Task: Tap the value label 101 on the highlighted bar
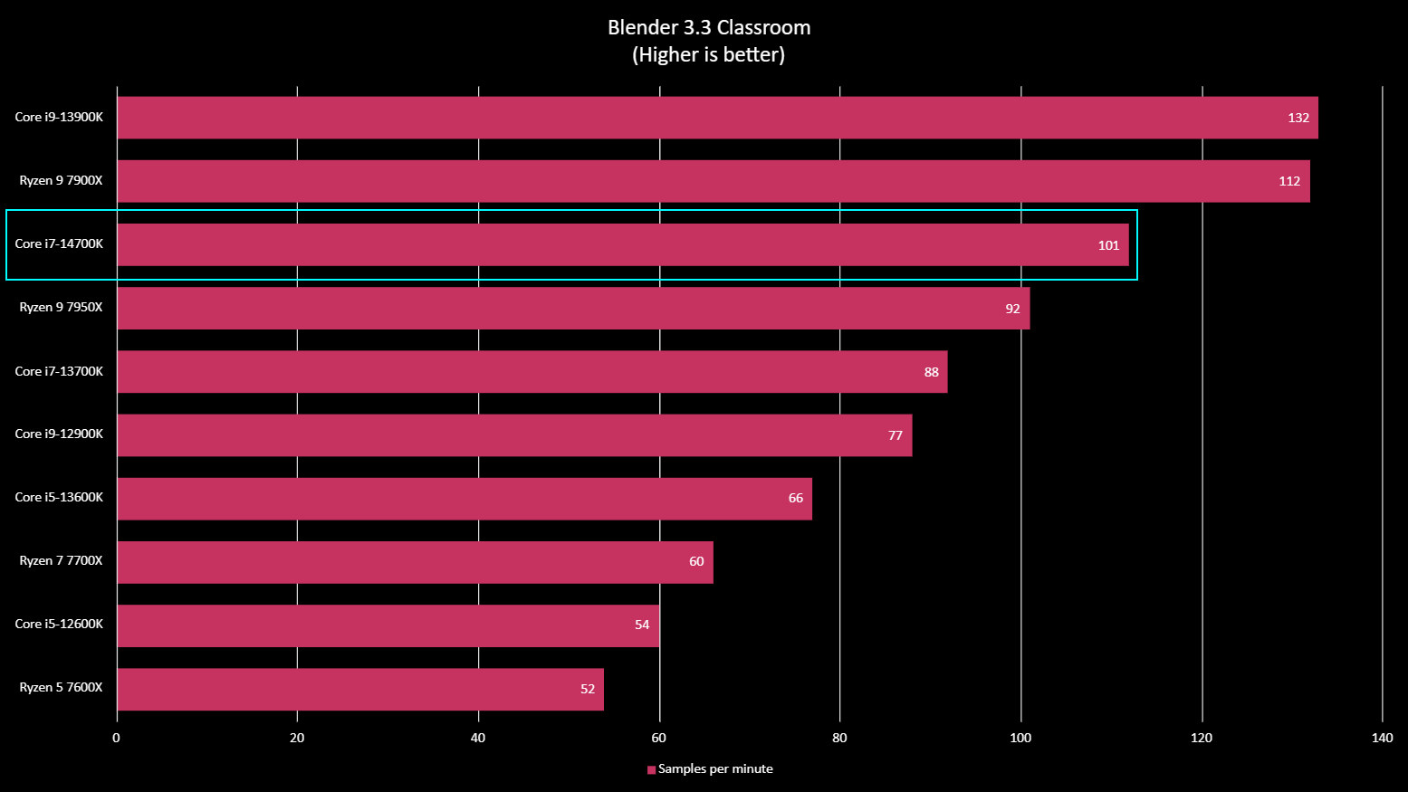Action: (x=1108, y=245)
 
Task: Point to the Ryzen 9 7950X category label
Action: (x=61, y=308)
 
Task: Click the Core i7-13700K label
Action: (x=59, y=371)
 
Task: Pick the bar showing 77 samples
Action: (x=514, y=435)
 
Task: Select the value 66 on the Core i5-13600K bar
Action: (x=795, y=499)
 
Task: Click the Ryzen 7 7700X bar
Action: (x=415, y=562)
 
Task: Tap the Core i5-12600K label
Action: (x=59, y=625)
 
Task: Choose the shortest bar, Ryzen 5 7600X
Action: (x=360, y=690)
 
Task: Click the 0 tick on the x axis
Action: (x=116, y=738)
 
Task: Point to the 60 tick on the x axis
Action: (x=659, y=738)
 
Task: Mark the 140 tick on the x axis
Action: (x=1382, y=738)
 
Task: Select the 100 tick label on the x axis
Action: (x=1020, y=738)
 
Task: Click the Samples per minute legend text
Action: (x=715, y=769)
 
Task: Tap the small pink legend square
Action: (x=651, y=770)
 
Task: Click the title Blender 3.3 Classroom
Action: (x=709, y=28)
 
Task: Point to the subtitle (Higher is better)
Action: (x=708, y=55)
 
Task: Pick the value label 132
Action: (x=1298, y=119)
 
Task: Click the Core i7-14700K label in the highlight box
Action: (x=59, y=244)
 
